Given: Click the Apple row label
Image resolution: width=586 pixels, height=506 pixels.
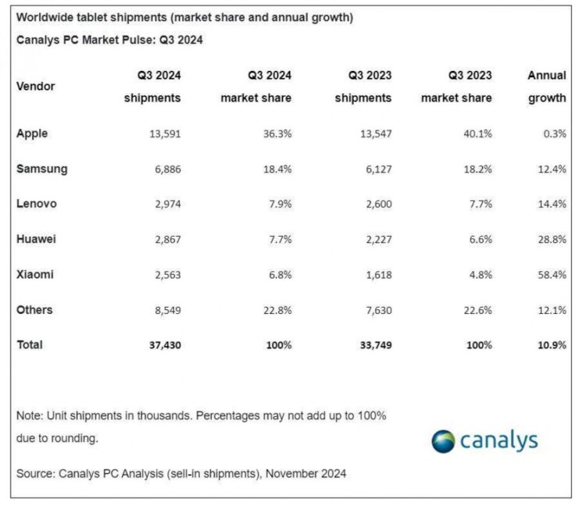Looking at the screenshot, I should pyautogui.click(x=32, y=134).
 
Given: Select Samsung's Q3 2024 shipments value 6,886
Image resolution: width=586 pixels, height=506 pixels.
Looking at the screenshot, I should pyautogui.click(x=164, y=169).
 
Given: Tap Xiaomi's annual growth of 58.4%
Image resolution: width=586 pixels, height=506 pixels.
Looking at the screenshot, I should pyautogui.click(x=550, y=275).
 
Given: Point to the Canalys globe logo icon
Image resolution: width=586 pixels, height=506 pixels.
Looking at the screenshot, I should pyautogui.click(x=443, y=440).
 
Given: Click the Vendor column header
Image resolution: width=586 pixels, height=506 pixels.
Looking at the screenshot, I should pyautogui.click(x=35, y=87).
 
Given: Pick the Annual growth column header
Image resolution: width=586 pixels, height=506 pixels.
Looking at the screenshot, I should pyautogui.click(x=546, y=87).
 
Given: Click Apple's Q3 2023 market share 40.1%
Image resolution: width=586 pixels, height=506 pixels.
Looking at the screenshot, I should pyautogui.click(x=477, y=134).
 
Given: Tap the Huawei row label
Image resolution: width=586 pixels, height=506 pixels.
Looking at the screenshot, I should pyautogui.click(x=37, y=239).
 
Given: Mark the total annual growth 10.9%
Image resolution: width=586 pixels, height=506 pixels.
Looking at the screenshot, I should pyautogui.click(x=550, y=345).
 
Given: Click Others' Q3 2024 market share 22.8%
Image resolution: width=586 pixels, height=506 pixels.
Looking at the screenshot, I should pyautogui.click(x=277, y=310).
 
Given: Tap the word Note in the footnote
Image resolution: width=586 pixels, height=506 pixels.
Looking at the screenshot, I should pyautogui.click(x=29, y=415).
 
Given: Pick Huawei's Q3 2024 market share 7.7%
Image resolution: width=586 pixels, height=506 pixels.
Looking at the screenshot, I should pyautogui.click(x=279, y=239).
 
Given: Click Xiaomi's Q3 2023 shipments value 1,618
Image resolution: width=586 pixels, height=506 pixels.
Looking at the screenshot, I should pyautogui.click(x=375, y=275).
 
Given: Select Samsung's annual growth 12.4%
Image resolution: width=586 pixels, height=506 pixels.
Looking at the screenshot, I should pyautogui.click(x=550, y=169).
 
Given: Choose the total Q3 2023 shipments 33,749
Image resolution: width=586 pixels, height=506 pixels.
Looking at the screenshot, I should pyautogui.click(x=372, y=345).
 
